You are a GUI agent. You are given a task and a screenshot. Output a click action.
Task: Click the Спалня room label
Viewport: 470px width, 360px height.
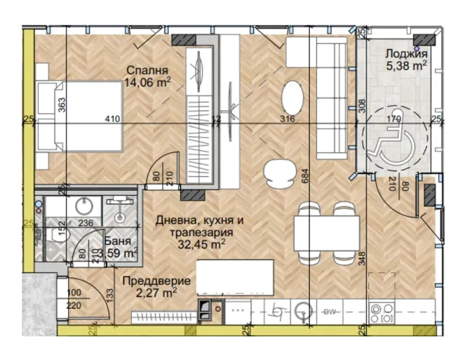click(147, 70)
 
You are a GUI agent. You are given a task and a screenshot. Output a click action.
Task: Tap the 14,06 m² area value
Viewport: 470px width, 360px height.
click(147, 82)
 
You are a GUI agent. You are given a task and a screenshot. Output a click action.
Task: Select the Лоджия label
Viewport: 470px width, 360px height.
click(401, 53)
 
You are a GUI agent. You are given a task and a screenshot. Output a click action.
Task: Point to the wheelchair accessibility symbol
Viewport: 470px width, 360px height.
click(394, 138)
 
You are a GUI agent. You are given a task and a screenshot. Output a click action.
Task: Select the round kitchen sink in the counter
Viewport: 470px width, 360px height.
click(304, 309)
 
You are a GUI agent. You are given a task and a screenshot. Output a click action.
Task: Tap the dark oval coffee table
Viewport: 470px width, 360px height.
click(293, 93)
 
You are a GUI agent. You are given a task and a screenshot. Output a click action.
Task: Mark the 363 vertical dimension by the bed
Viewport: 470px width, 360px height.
click(62, 106)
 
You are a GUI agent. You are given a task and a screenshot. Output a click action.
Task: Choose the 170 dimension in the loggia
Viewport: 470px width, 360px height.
click(394, 120)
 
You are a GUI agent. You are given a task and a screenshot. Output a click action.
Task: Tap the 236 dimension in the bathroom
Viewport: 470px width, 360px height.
click(86, 224)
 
